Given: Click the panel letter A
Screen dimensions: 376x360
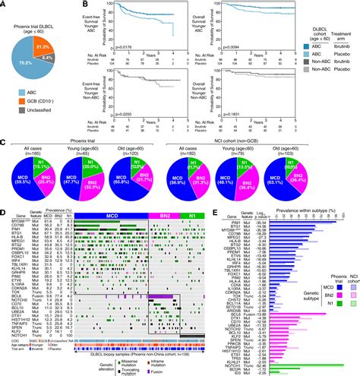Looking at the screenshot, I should (5, 5).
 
